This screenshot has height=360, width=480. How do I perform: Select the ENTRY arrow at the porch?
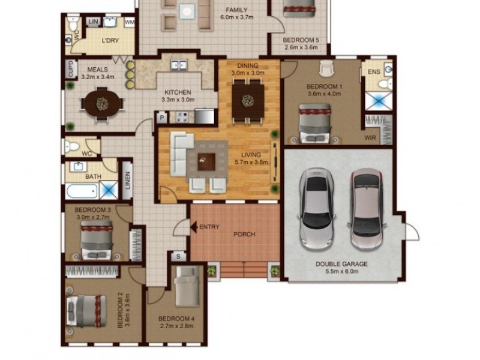click(194, 227)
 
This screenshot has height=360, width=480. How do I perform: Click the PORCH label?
click(244, 234)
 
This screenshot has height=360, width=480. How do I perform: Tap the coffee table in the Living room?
click(206, 160)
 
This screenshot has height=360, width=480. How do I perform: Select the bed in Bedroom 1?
click(314, 122)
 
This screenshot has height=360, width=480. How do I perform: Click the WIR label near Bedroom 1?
click(370, 137)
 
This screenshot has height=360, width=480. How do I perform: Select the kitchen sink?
click(178, 64)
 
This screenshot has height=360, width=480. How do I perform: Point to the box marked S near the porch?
click(178, 256)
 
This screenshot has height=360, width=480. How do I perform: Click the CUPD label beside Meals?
click(71, 69)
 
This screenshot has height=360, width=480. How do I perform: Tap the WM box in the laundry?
click(129, 22)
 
